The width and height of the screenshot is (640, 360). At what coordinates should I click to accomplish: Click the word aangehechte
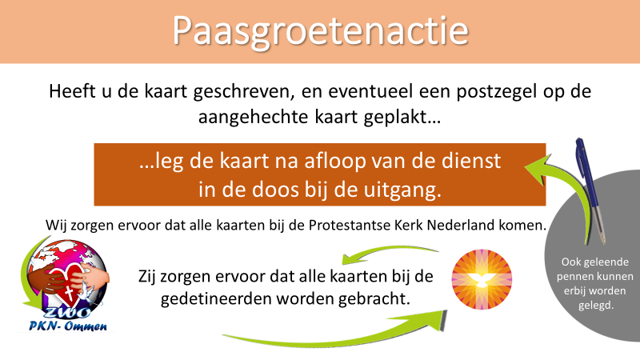pos(253,118)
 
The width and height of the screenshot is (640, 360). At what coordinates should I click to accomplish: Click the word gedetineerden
pos(215,298)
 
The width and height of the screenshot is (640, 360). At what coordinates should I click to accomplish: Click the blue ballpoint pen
pos(590,190)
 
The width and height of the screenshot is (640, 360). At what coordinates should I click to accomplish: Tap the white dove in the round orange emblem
pos(482,281)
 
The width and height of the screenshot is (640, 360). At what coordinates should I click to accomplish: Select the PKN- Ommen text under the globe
pos(68,326)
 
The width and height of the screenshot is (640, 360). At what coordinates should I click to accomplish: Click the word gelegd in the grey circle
pos(596,306)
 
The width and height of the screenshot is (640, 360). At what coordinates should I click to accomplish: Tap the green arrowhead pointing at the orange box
pos(537,169)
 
